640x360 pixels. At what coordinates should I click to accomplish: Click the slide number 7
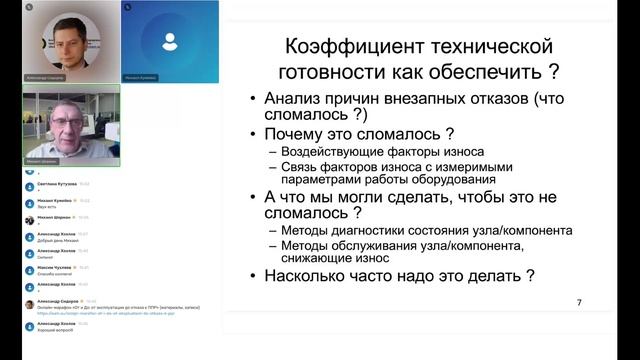click(x=579, y=302)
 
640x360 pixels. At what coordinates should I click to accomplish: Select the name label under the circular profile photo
click(x=62, y=76)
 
